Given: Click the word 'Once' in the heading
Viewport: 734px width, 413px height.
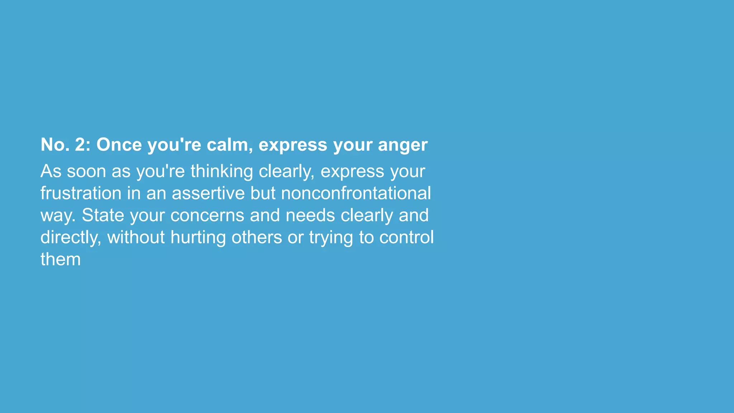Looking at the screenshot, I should click(119, 145).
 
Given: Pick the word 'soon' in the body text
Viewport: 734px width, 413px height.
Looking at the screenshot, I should click(86, 171).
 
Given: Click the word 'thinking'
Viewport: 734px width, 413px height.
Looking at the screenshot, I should click(221, 171).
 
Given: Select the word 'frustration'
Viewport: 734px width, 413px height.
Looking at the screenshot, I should click(81, 193).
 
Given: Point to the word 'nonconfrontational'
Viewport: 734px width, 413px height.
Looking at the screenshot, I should click(356, 193).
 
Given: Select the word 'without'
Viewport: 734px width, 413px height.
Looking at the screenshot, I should click(136, 237).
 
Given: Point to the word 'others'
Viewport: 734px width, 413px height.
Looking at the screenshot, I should click(257, 237).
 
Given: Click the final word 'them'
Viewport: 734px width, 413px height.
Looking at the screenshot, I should click(61, 259).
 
